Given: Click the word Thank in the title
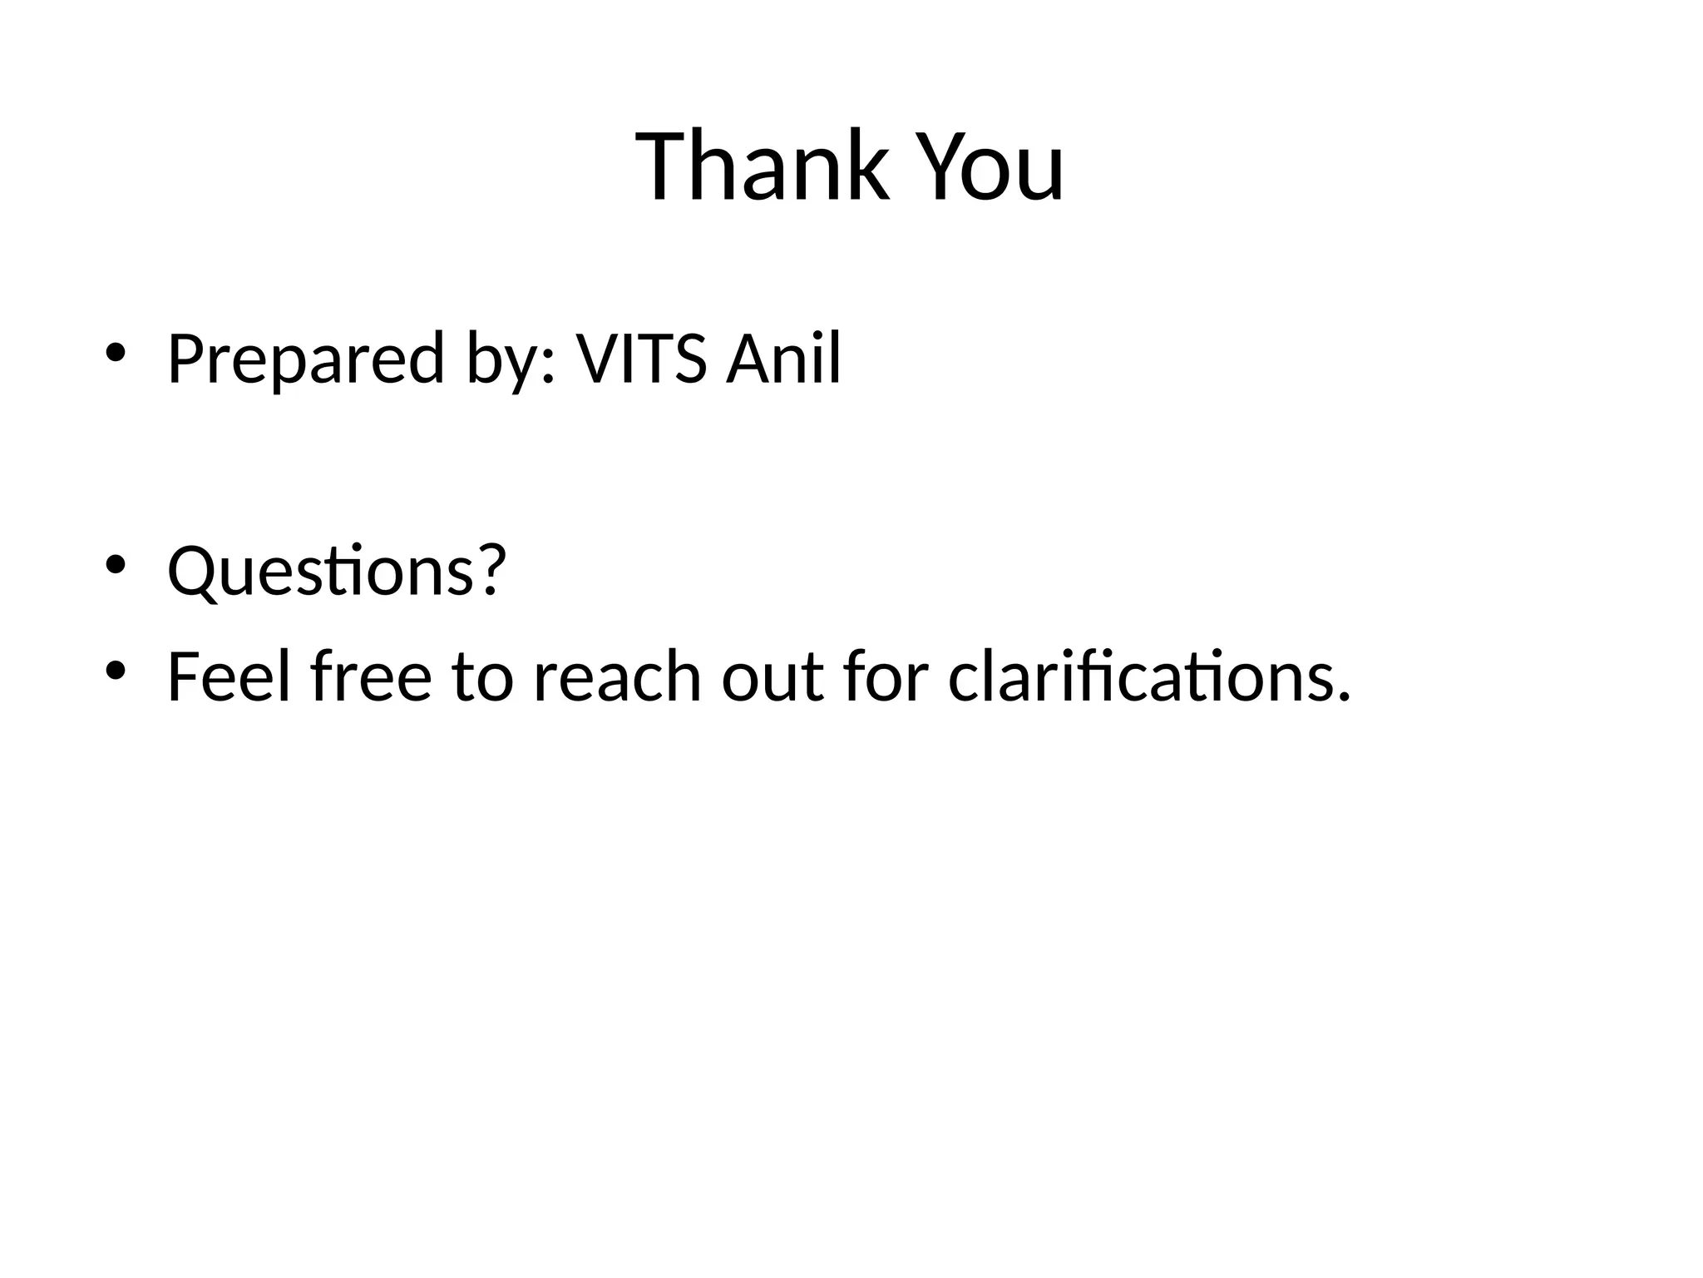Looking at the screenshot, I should click(x=762, y=166).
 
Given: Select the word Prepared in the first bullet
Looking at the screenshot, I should click(x=305, y=359).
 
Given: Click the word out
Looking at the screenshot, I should click(x=773, y=677).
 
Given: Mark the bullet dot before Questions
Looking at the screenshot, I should click(x=115, y=564).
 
